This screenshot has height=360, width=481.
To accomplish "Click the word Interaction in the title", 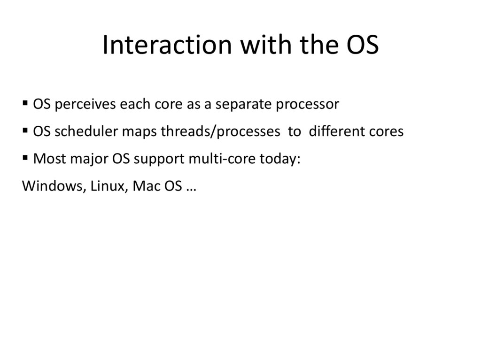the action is click(167, 45).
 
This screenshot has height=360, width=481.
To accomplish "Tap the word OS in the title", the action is click(363, 45).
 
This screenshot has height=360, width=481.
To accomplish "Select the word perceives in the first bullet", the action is click(85, 105).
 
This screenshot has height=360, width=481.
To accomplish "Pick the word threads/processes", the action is click(220, 132).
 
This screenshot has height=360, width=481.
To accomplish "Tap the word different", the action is click(336, 131).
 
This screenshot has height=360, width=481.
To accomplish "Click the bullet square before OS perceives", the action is click(25, 103).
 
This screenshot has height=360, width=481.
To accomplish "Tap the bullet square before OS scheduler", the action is click(25, 130).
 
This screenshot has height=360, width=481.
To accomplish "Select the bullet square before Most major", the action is click(25, 158).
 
